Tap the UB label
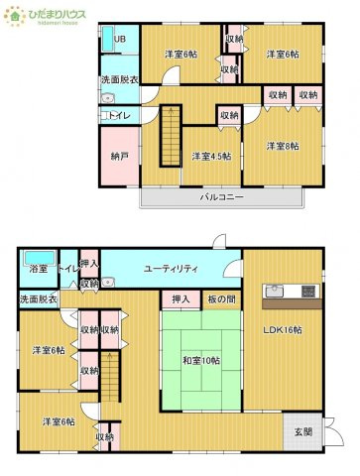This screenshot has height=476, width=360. (x=120, y=39)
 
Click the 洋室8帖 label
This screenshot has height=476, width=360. (x=282, y=146)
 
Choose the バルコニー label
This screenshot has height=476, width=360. (x=221, y=197)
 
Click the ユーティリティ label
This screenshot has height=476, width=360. (x=172, y=269)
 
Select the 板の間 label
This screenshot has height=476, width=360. (x=221, y=298)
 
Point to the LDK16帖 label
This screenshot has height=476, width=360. (x=283, y=329)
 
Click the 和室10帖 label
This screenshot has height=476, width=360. (x=200, y=361)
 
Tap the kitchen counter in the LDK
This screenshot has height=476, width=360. (x=290, y=292)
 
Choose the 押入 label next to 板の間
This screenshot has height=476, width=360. (x=180, y=298)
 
